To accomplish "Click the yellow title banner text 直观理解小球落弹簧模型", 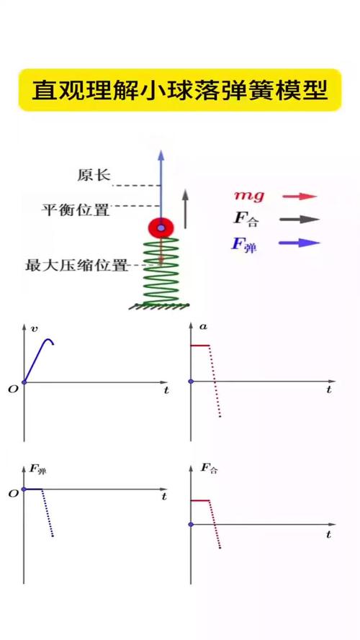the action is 180,90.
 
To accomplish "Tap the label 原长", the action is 94,176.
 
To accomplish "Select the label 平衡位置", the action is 76,209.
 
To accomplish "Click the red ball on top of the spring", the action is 161,227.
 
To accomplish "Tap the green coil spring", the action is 161,271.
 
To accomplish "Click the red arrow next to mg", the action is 300,197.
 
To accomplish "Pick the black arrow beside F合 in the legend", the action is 300,220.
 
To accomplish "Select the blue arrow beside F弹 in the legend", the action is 300,243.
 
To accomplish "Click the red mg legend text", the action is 249,196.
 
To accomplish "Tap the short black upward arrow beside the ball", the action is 185,209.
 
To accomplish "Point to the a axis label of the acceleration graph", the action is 202,327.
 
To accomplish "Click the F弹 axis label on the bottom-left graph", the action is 38,470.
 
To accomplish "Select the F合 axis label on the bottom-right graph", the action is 209,469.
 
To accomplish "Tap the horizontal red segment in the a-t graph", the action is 199,346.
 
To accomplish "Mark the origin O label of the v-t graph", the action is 13,389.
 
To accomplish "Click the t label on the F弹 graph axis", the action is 164,497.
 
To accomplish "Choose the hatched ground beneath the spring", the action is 160,306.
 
